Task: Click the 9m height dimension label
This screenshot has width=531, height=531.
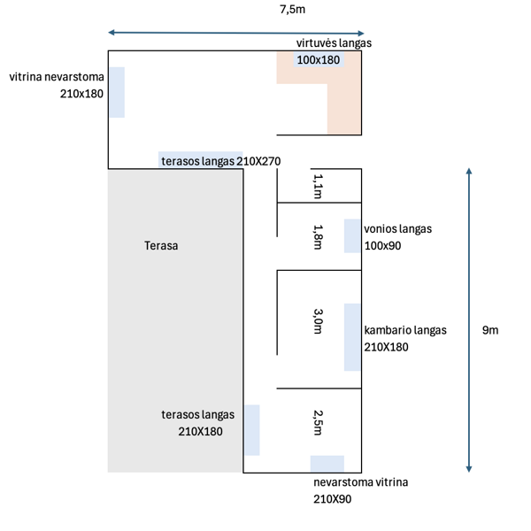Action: coord(489,330)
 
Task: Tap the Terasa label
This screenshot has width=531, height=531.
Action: coord(161,245)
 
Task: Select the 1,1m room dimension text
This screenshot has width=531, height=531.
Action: coord(319,185)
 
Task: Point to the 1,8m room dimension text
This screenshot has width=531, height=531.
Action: coord(319,236)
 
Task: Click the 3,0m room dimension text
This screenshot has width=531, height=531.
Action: coord(319,320)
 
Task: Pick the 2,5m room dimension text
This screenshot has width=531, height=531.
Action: coord(319,421)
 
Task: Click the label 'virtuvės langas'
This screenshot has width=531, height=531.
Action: coord(334,42)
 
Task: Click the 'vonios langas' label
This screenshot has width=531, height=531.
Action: coord(398,228)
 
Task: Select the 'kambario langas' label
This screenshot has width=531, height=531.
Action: coord(405,330)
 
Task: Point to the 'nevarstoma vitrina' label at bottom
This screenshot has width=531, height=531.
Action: coord(360,483)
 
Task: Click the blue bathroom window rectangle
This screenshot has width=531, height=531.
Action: coord(352,235)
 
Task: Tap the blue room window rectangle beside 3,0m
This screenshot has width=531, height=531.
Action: coord(352,336)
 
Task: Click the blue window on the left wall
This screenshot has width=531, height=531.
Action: coord(116,92)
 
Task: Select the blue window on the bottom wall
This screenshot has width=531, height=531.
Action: coord(327,463)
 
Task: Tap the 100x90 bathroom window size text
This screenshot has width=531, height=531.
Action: coord(382,245)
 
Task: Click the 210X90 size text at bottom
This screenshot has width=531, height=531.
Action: coord(333,500)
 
